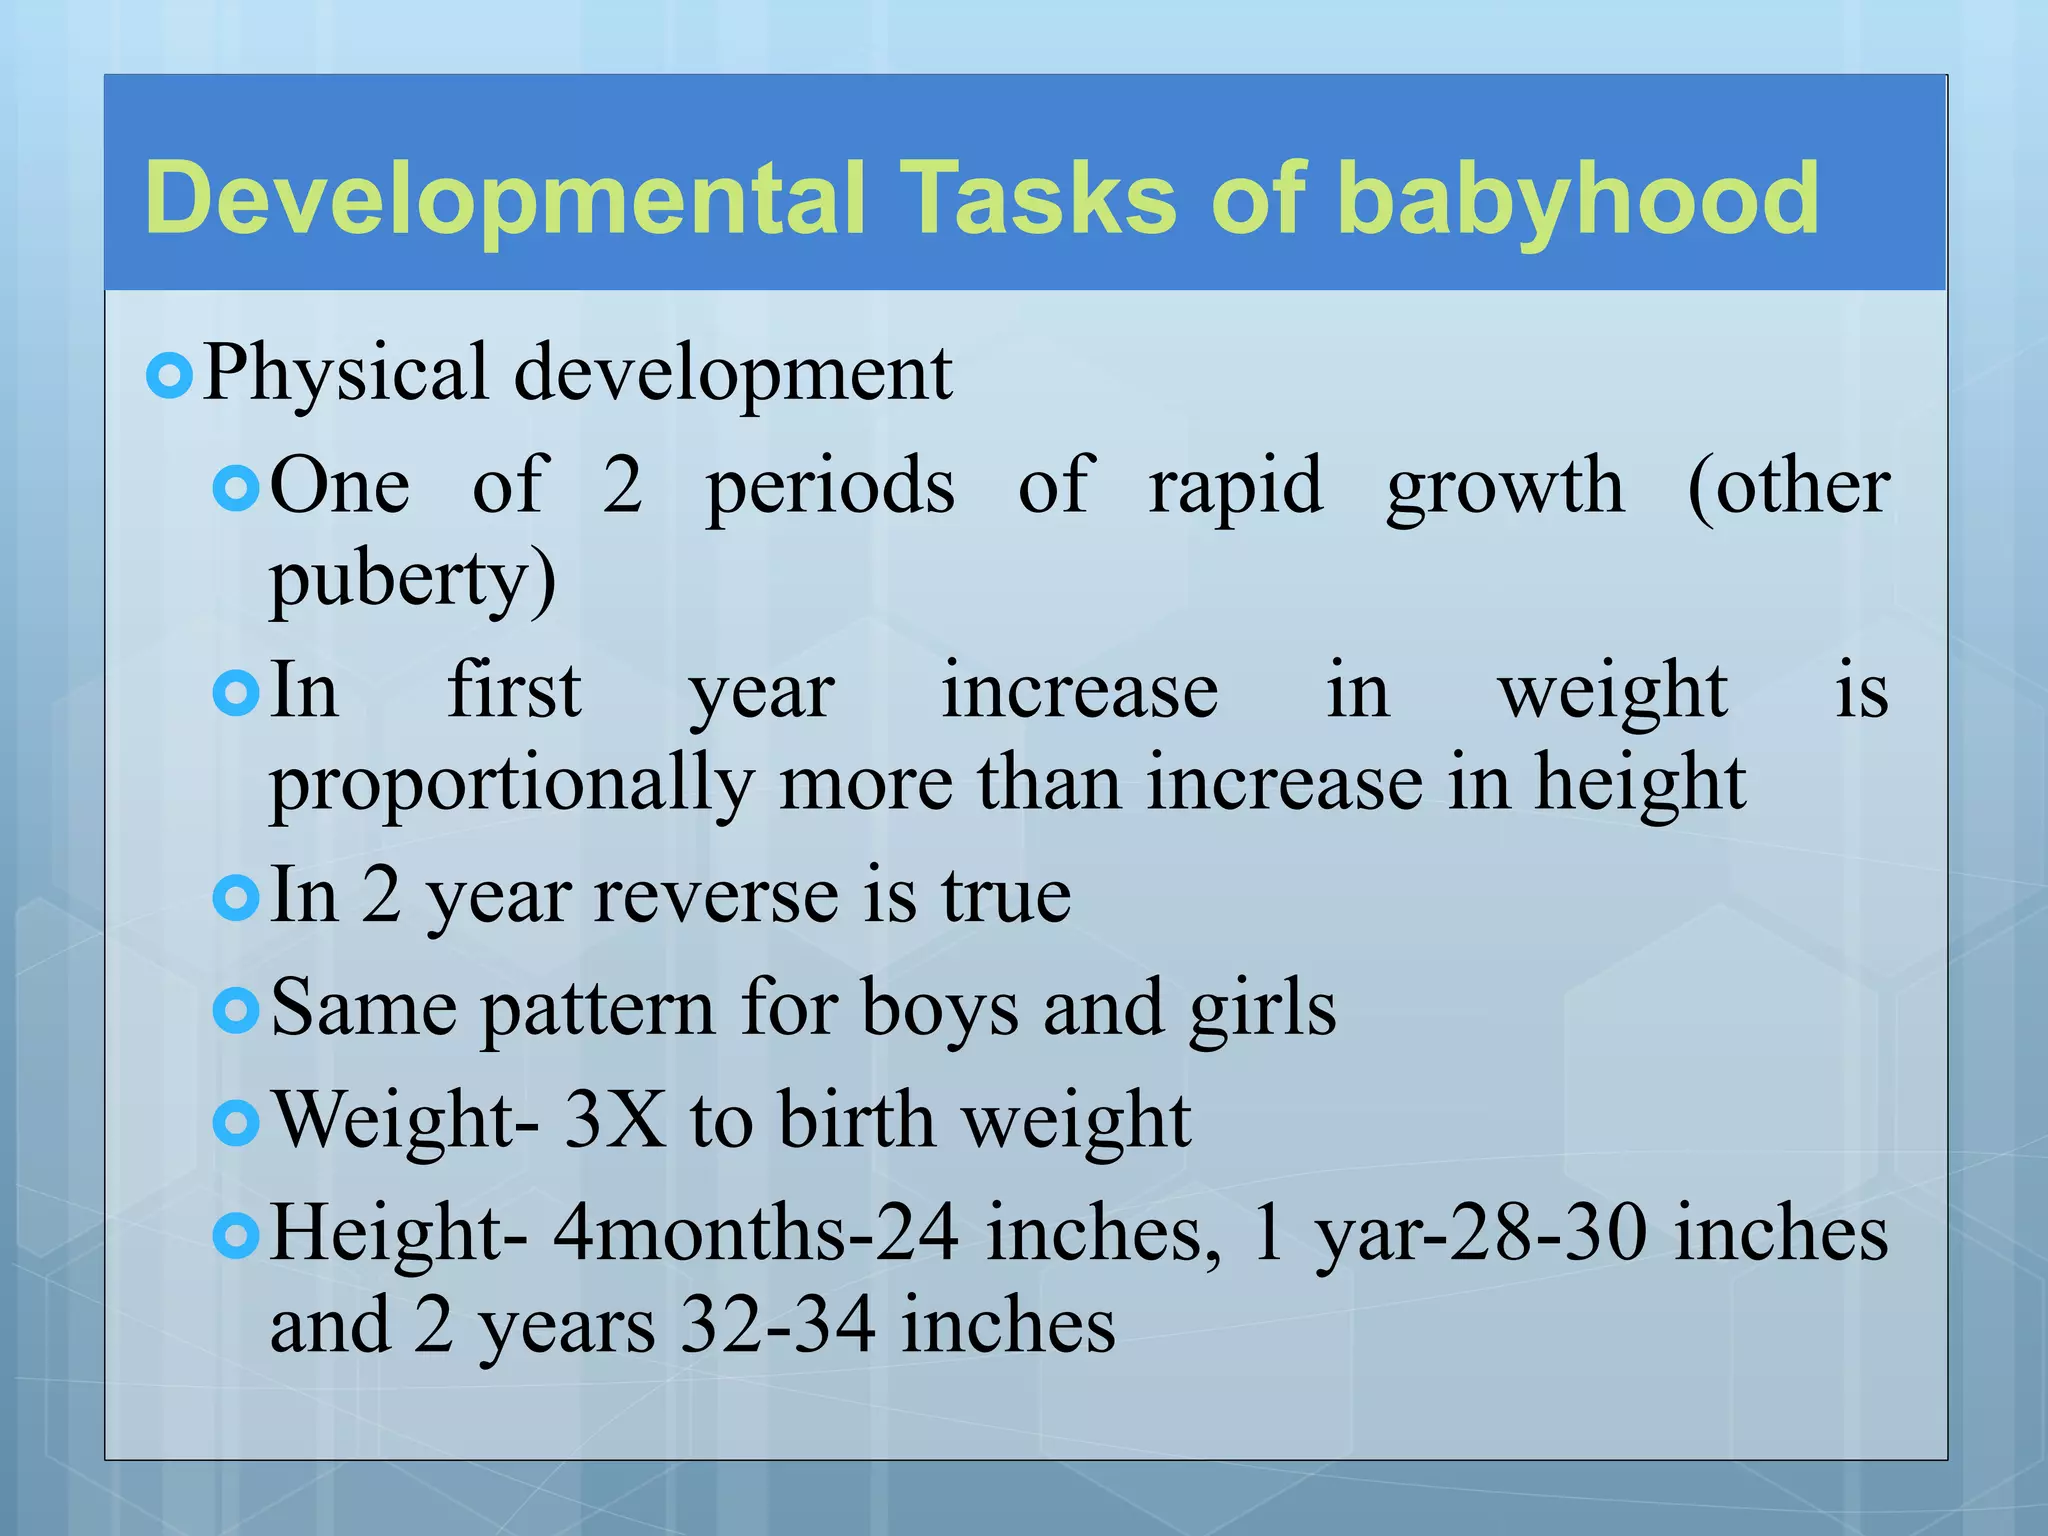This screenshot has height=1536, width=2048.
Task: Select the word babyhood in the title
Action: coord(1577,198)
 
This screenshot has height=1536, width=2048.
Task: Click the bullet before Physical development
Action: coord(168,377)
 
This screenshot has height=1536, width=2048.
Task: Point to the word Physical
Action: coord(346,373)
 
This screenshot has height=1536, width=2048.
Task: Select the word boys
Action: coord(939,1008)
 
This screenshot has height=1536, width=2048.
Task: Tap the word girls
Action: coord(1262,1008)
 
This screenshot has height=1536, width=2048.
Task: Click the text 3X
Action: coord(615,1120)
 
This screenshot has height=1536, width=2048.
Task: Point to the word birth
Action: coord(856,1120)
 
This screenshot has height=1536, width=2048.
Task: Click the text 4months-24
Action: coord(756,1233)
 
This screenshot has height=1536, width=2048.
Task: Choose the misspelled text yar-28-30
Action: coord(1481,1233)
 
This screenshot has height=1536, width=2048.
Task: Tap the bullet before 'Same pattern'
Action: coord(236,1011)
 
